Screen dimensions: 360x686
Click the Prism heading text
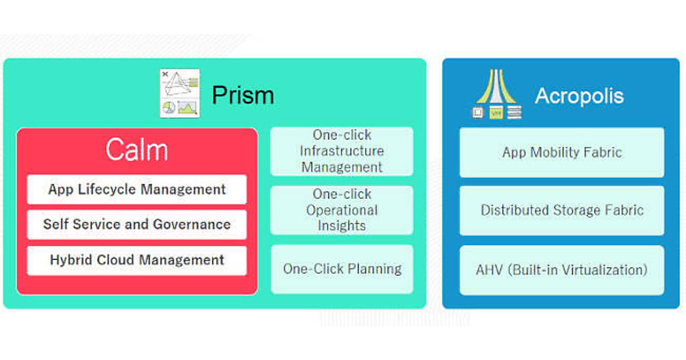tap(243, 95)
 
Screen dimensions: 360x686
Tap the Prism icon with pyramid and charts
tap(180, 93)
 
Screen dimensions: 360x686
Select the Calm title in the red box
tap(137, 150)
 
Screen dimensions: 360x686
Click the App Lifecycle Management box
tap(137, 189)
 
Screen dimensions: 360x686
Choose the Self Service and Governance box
tap(137, 225)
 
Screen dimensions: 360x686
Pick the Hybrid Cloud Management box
tap(137, 260)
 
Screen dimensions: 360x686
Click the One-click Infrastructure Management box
tap(342, 151)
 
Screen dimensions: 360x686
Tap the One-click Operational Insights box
tap(342, 210)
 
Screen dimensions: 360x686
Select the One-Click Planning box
tap(342, 269)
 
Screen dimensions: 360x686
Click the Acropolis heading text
tap(579, 96)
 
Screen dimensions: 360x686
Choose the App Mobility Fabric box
tap(561, 152)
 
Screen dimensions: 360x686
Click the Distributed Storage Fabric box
tap(561, 210)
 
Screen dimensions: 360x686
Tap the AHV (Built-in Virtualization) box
tap(561, 270)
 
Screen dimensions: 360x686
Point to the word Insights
tap(342, 226)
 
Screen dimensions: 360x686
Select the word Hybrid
tap(71, 260)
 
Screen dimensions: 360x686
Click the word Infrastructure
tap(342, 151)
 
